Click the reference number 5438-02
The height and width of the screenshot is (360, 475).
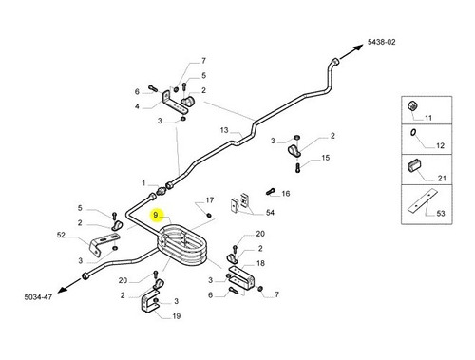pos(381,42)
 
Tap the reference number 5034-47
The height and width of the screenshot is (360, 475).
pos(38,297)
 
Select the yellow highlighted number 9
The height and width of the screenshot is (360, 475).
pos(156,215)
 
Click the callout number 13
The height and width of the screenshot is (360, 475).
pos(224,130)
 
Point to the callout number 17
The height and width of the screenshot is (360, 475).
pos(210,200)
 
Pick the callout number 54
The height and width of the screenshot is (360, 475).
pos(270,212)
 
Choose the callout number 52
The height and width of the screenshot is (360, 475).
pos(61,235)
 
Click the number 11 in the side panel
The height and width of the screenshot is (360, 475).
pos(428,118)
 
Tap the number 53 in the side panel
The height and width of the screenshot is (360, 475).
pos(441,214)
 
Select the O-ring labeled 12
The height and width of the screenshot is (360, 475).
pos(413,132)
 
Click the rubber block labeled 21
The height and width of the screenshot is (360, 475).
pos(414,164)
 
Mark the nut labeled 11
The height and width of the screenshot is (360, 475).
pos(412,106)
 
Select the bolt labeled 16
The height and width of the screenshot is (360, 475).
pos(271,191)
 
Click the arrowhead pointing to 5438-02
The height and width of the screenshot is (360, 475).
pos(359,47)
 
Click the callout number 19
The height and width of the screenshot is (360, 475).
pos(177,316)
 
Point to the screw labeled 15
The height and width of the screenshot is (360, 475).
pos(297,168)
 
